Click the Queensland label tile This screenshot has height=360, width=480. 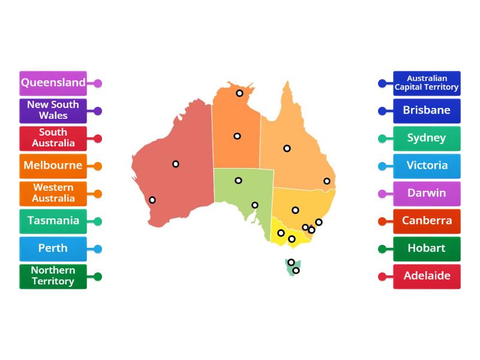coord(53,83)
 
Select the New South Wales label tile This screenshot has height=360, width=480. coord(53,111)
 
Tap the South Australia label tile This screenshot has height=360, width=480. coord(53,139)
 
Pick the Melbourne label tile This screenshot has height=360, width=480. coord(53,166)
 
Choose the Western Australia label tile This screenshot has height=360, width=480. coord(53,194)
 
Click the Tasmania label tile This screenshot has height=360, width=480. coord(53,221)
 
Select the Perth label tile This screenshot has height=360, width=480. coord(53,249)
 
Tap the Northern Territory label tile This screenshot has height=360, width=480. coord(53,277)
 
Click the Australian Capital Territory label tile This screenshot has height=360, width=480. coord(427,83)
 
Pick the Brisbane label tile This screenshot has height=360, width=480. coord(427,111)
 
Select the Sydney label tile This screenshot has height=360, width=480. coord(427,139)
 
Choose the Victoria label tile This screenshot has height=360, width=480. coord(427,166)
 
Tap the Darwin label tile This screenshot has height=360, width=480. coord(427,194)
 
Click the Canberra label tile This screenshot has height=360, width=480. coord(427,221)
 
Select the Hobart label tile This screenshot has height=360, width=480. coord(427,249)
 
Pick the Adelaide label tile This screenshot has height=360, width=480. coord(427,277)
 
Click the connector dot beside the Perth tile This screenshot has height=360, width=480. coord(98,249)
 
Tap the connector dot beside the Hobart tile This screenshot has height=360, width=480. coord(382,249)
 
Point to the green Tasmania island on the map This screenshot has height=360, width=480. coord(292,268)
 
